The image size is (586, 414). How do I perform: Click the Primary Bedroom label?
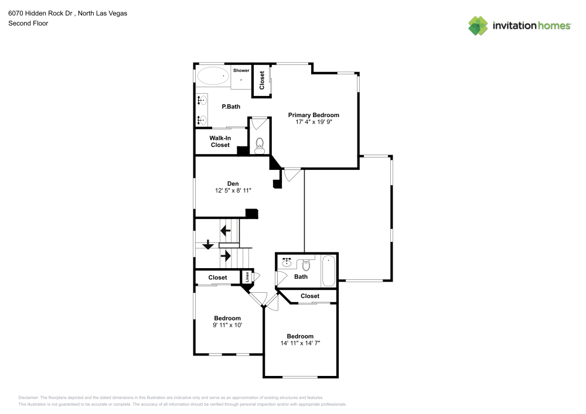point(314,115)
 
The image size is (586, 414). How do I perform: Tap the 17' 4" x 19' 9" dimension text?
point(314,122)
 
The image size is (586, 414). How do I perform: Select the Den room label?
point(233,183)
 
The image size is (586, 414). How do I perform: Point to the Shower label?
point(241,70)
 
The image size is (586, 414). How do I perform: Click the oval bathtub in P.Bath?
point(213,76)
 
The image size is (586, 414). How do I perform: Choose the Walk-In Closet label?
point(220,141)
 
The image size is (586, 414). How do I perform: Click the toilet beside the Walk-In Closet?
point(260,145)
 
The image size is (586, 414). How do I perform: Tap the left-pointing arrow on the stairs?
point(224,231)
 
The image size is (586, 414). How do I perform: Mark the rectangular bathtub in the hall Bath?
point(328,271)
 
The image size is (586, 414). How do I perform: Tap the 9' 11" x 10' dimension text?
point(227,325)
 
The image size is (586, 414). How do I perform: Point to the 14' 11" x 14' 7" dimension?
point(300,343)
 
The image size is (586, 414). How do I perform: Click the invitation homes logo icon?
point(478,25)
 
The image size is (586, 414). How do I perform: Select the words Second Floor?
point(28,23)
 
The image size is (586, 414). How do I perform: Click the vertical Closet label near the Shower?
point(262,80)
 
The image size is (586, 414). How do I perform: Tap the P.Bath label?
point(231,107)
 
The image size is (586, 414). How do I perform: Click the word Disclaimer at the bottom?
point(29,397)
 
